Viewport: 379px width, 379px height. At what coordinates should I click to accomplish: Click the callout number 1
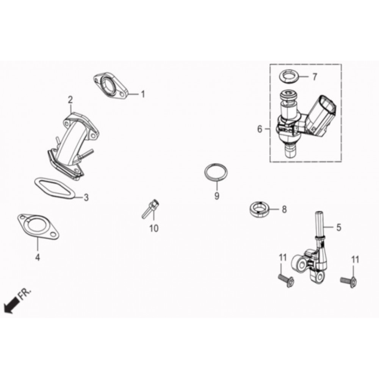143,94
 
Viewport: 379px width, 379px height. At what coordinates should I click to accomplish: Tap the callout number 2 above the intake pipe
70,100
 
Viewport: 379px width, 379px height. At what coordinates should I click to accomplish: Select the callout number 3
86,197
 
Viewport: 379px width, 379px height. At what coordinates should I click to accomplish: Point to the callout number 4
38,257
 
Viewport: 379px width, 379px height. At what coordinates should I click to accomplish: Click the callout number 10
154,228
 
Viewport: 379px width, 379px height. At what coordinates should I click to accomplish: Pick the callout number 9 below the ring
217,196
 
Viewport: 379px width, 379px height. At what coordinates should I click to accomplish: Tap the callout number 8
284,209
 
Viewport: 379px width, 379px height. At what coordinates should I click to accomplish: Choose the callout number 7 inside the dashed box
315,77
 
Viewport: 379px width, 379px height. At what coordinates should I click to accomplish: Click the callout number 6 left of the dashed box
259,129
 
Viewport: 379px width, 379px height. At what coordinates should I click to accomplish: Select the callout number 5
338,227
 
